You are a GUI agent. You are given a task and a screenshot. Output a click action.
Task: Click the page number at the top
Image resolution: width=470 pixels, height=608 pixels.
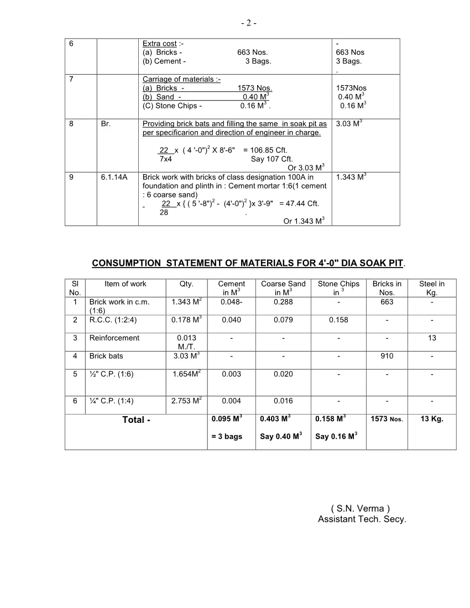point(248,23)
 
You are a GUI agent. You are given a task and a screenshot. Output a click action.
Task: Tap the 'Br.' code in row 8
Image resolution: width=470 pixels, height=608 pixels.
point(106,124)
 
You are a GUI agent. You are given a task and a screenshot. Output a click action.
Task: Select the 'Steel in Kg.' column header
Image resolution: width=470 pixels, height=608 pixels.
point(432,288)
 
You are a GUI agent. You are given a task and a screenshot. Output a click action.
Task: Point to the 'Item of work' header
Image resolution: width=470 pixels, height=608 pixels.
point(126,284)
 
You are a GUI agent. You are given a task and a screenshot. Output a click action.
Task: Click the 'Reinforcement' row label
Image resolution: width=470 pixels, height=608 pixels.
point(114,338)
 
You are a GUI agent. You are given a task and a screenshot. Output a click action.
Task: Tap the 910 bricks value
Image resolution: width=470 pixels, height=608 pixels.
point(387,357)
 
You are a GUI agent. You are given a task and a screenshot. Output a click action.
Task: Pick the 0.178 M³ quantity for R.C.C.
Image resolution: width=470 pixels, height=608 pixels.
point(186,320)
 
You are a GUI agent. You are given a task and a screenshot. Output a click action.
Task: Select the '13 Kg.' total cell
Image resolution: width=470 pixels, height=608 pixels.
point(432,419)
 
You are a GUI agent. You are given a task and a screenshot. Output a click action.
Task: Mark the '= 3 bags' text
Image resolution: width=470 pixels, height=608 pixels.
point(227,437)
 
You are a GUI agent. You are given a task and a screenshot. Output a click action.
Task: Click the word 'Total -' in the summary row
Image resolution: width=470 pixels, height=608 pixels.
point(137,420)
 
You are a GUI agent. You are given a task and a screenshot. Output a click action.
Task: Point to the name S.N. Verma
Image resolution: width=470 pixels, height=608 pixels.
point(361,509)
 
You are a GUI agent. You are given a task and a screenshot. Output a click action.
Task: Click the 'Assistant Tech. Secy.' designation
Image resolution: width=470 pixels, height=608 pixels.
point(362,520)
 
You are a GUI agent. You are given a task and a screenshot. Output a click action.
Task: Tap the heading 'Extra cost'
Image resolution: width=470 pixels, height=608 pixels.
point(160,44)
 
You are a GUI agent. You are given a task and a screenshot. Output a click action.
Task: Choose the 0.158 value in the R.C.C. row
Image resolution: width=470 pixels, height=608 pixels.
point(338,320)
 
